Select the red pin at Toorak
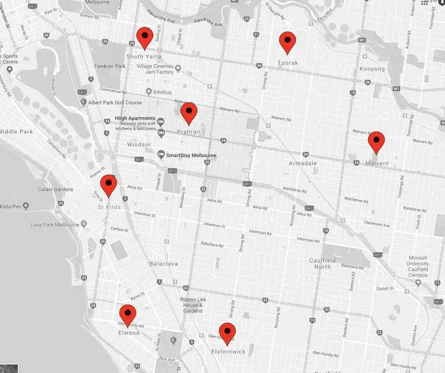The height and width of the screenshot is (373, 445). click(287, 42)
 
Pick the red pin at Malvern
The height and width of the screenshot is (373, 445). click(377, 141)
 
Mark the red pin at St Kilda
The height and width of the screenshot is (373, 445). click(108, 185)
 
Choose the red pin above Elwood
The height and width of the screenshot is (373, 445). click(127, 315)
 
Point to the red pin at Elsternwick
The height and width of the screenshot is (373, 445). click(227, 333)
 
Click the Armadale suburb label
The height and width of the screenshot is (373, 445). click(303, 163)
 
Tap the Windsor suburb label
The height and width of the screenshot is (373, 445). click(139, 145)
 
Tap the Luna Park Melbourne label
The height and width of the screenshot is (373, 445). click(53, 223)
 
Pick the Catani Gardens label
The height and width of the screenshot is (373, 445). click(56, 190)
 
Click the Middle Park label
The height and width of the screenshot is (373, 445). click(16, 132)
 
